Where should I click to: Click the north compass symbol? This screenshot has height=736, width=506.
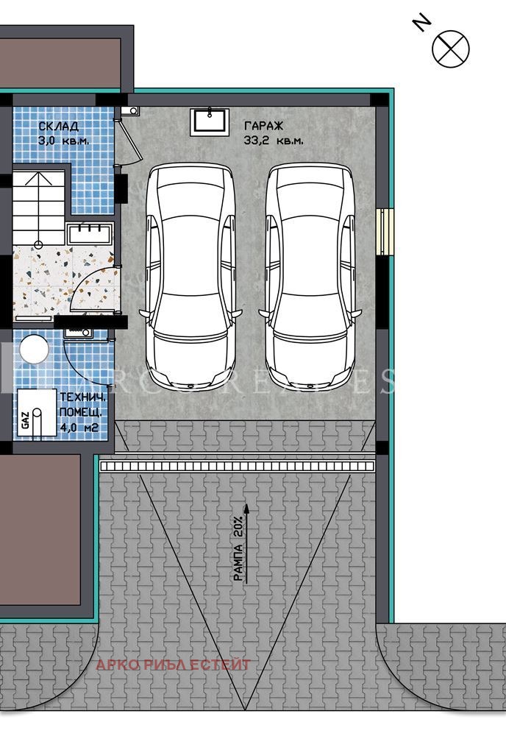point(451,48)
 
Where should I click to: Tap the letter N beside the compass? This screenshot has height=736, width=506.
point(421,24)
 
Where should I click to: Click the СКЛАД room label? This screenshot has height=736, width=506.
point(57,126)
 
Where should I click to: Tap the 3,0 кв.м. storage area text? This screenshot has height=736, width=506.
point(63,139)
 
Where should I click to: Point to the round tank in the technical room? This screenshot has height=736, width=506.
point(34,349)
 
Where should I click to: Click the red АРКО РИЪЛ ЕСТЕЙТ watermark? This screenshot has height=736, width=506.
point(173,665)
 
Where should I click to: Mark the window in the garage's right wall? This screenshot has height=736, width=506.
point(385,232)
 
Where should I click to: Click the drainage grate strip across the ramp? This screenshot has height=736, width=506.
point(238,466)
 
